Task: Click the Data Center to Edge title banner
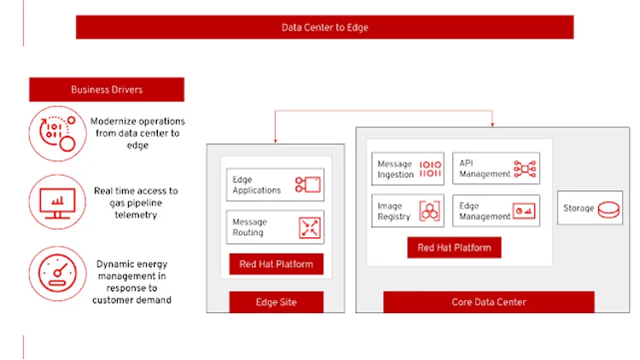324,27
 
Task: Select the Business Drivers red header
107,90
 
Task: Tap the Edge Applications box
275,185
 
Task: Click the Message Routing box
275,228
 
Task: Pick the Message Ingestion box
408,169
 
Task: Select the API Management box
496,169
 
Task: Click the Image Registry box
408,211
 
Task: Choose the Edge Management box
496,211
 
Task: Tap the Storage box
591,208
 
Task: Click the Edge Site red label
276,303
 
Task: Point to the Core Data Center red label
488,302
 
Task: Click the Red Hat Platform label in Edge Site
276,264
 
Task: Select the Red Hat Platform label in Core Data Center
454,248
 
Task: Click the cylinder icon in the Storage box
608,208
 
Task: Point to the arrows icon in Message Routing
308,228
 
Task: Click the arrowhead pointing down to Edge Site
276,140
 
